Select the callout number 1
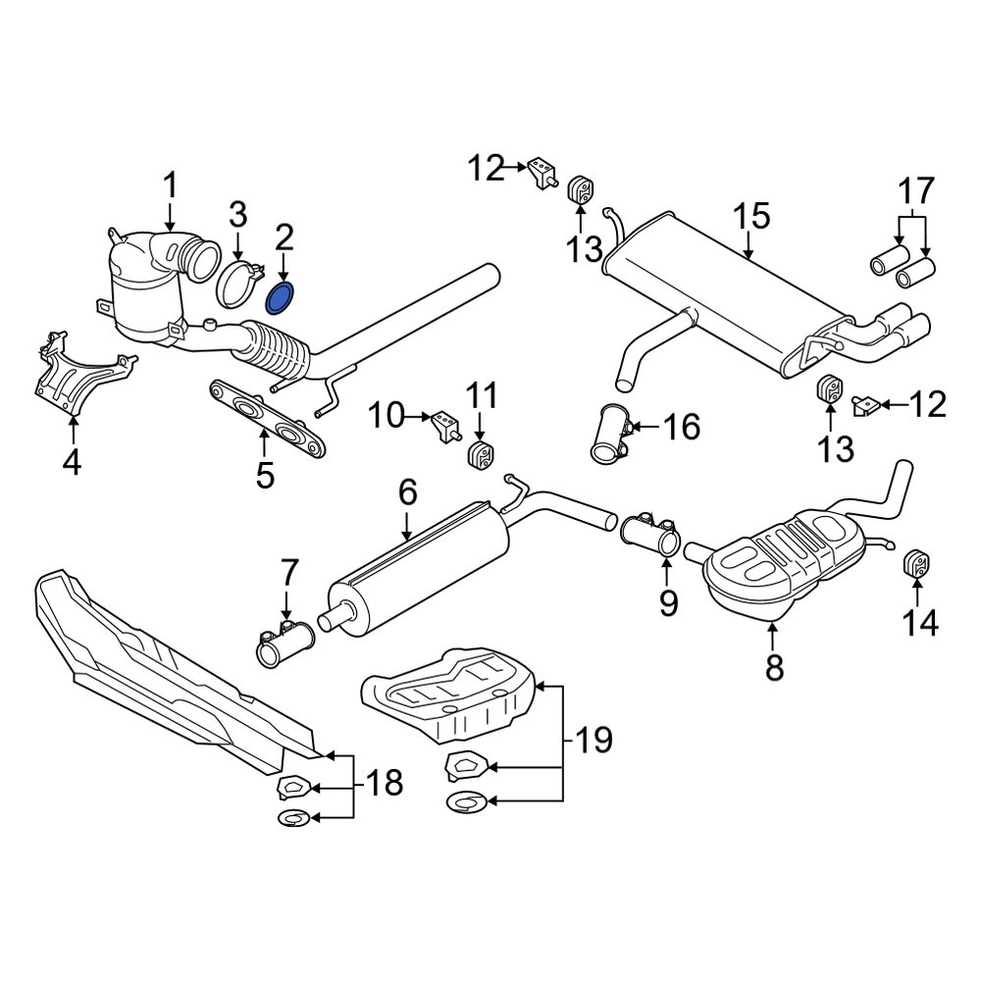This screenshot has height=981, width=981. click(171, 185)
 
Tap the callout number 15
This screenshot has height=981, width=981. click(752, 217)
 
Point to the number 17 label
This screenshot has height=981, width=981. click(913, 190)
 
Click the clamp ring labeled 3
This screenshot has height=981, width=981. click(236, 283)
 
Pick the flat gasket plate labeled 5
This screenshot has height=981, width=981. click(267, 420)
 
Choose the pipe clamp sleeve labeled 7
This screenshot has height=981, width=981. click(284, 645)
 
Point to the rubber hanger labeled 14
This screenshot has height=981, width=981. click(917, 565)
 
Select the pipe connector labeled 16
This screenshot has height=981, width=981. click(613, 437)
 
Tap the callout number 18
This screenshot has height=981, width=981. click(384, 784)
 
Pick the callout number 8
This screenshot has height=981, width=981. click(774, 667)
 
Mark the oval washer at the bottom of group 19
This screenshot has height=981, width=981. click(466, 803)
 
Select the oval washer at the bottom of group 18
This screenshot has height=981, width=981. click(295, 817)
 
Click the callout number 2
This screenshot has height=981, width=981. click(284, 235)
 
